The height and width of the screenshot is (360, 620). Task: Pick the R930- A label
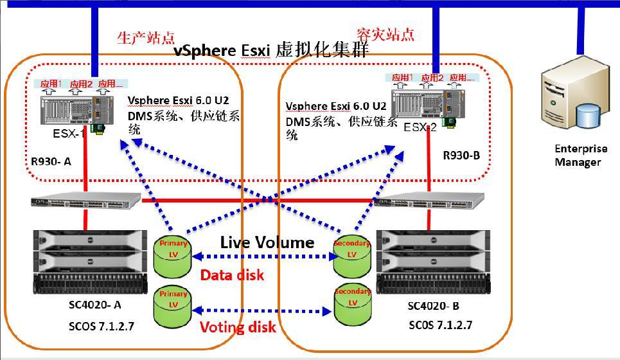[x=51, y=161]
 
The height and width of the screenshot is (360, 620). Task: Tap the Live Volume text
[x=267, y=242]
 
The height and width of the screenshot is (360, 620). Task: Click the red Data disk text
[x=232, y=275]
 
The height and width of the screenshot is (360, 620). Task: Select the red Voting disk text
[x=238, y=327]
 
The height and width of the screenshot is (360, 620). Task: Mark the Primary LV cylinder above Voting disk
[x=173, y=303]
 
